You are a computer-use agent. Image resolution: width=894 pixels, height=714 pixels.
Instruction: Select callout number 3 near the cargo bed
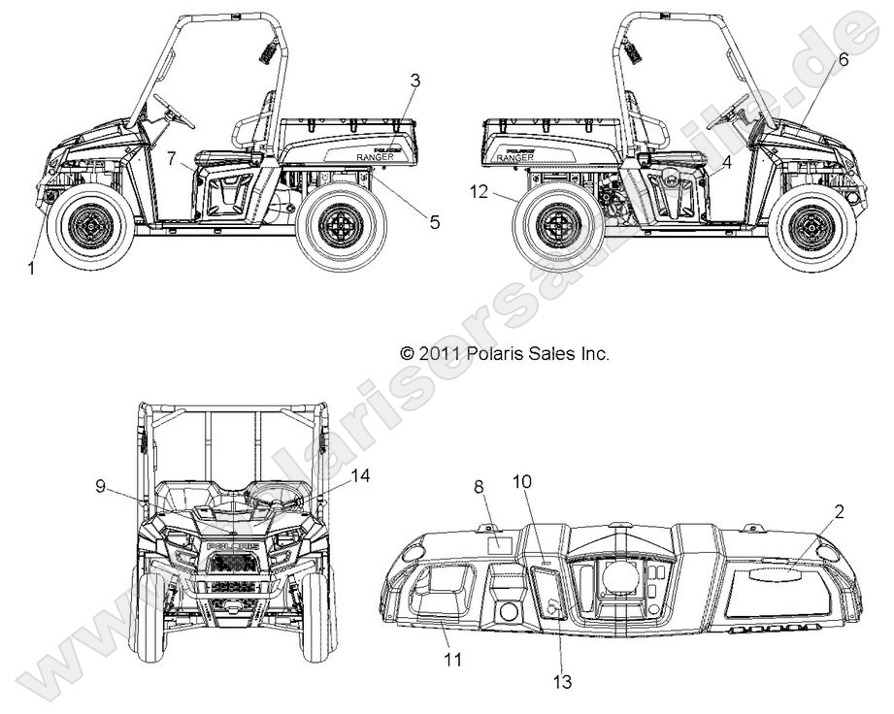pyautogui.click(x=414, y=80)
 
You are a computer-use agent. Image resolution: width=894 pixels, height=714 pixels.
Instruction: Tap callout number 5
pyautogui.click(x=434, y=222)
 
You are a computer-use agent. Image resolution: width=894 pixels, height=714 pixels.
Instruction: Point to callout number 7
pyautogui.click(x=171, y=157)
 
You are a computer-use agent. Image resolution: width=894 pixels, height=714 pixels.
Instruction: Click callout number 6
pyautogui.click(x=843, y=59)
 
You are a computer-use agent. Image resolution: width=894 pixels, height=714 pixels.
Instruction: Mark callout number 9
pyautogui.click(x=101, y=488)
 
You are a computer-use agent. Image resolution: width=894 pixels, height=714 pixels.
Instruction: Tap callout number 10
pyautogui.click(x=522, y=481)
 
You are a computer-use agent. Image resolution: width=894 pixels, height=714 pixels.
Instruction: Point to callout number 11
pyautogui.click(x=452, y=660)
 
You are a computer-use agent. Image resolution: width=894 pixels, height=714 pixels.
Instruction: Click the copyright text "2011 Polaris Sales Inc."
pyautogui.click(x=506, y=354)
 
